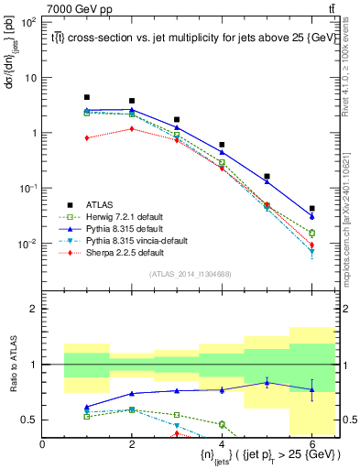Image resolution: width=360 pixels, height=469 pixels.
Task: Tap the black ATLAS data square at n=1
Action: click(x=87, y=97)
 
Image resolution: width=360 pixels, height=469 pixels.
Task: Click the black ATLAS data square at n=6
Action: click(x=312, y=209)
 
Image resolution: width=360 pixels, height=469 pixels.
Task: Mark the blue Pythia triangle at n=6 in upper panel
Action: click(x=312, y=217)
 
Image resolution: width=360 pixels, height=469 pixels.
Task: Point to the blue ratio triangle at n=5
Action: click(x=267, y=383)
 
